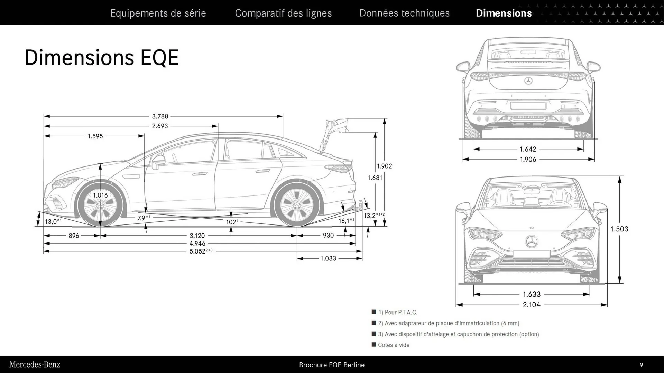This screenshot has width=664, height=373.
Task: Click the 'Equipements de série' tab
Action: (x=158, y=13)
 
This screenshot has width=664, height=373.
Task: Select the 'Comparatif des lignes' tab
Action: (x=283, y=13)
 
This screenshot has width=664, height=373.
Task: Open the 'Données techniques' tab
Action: (x=404, y=13)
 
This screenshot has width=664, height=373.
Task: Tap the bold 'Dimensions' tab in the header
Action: (x=504, y=13)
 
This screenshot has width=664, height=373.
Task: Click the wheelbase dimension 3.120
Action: (x=197, y=236)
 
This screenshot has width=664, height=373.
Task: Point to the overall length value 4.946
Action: (x=197, y=243)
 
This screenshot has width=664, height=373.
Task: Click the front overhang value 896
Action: (x=74, y=236)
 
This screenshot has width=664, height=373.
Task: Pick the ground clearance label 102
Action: (x=232, y=222)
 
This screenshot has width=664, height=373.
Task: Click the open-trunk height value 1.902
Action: (x=384, y=166)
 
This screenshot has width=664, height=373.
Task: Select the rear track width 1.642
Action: (x=528, y=149)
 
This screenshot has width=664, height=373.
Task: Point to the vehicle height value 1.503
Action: (x=619, y=229)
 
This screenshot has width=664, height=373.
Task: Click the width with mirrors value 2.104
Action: (x=532, y=305)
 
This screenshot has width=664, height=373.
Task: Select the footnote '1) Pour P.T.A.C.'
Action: (x=398, y=312)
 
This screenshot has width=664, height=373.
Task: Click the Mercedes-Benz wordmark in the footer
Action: (x=35, y=365)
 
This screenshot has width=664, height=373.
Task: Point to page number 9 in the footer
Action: (x=641, y=365)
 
